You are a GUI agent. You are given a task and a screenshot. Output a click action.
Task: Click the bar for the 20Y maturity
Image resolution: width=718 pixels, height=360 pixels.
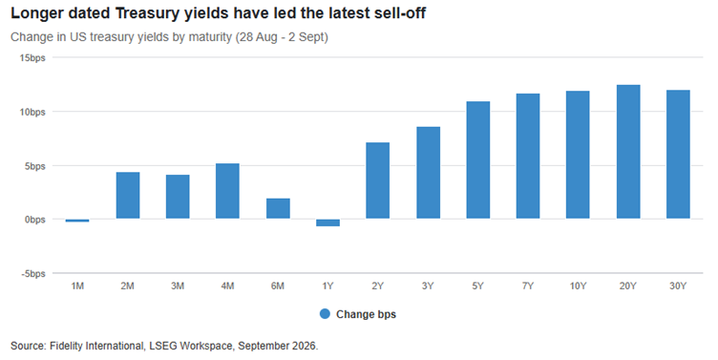click(628, 152)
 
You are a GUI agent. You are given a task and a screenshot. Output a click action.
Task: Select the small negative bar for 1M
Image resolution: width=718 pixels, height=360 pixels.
click(77, 221)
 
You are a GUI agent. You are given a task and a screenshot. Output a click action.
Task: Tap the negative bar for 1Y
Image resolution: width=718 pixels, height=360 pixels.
click(327, 222)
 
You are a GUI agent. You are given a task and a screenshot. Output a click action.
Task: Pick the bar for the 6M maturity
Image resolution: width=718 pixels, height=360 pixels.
click(278, 208)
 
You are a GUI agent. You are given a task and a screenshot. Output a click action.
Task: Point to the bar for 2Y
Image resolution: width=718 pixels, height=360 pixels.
click(378, 180)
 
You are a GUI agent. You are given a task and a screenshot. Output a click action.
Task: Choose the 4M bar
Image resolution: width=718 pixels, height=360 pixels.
click(227, 191)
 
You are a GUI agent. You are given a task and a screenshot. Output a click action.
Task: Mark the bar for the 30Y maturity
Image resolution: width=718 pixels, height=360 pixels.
click(678, 155)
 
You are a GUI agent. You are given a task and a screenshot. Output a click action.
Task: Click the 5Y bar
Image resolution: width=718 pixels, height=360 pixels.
click(478, 159)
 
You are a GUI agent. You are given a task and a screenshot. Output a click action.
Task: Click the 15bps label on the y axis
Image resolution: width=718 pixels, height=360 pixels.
click(32, 58)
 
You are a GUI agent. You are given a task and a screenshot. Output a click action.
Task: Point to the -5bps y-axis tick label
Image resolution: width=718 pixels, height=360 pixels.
click(33, 274)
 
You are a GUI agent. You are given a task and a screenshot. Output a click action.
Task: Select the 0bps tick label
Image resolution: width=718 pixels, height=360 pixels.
click(34, 220)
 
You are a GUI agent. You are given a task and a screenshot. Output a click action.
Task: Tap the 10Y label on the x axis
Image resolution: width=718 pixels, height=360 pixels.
click(578, 286)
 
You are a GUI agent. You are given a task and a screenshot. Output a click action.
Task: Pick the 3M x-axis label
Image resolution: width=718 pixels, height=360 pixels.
click(178, 286)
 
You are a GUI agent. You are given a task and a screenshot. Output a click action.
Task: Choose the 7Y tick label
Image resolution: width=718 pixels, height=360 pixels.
click(528, 286)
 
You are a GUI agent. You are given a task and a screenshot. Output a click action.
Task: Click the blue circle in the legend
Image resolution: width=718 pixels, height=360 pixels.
click(325, 314)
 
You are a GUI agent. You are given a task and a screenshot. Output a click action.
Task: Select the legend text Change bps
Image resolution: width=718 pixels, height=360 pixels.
click(366, 314)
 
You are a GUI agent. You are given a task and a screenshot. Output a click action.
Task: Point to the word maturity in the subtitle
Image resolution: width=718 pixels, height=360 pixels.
click(209, 37)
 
